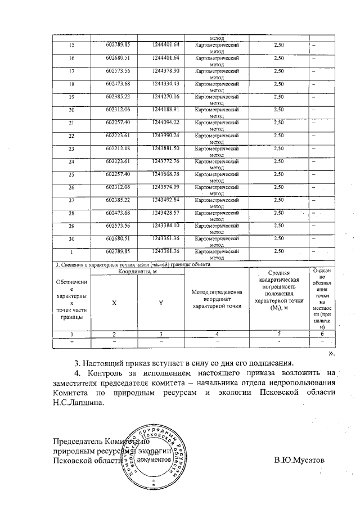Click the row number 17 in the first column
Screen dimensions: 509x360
pyautogui.click(x=71, y=71)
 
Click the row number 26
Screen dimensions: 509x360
pyautogui.click(x=71, y=187)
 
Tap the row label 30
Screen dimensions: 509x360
pyautogui.click(x=71, y=238)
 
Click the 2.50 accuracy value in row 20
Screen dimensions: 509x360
pyautogui.click(x=278, y=109)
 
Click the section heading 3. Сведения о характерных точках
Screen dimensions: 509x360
pyautogui.click(x=132, y=264)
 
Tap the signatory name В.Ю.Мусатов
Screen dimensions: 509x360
pyautogui.click(x=299, y=460)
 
